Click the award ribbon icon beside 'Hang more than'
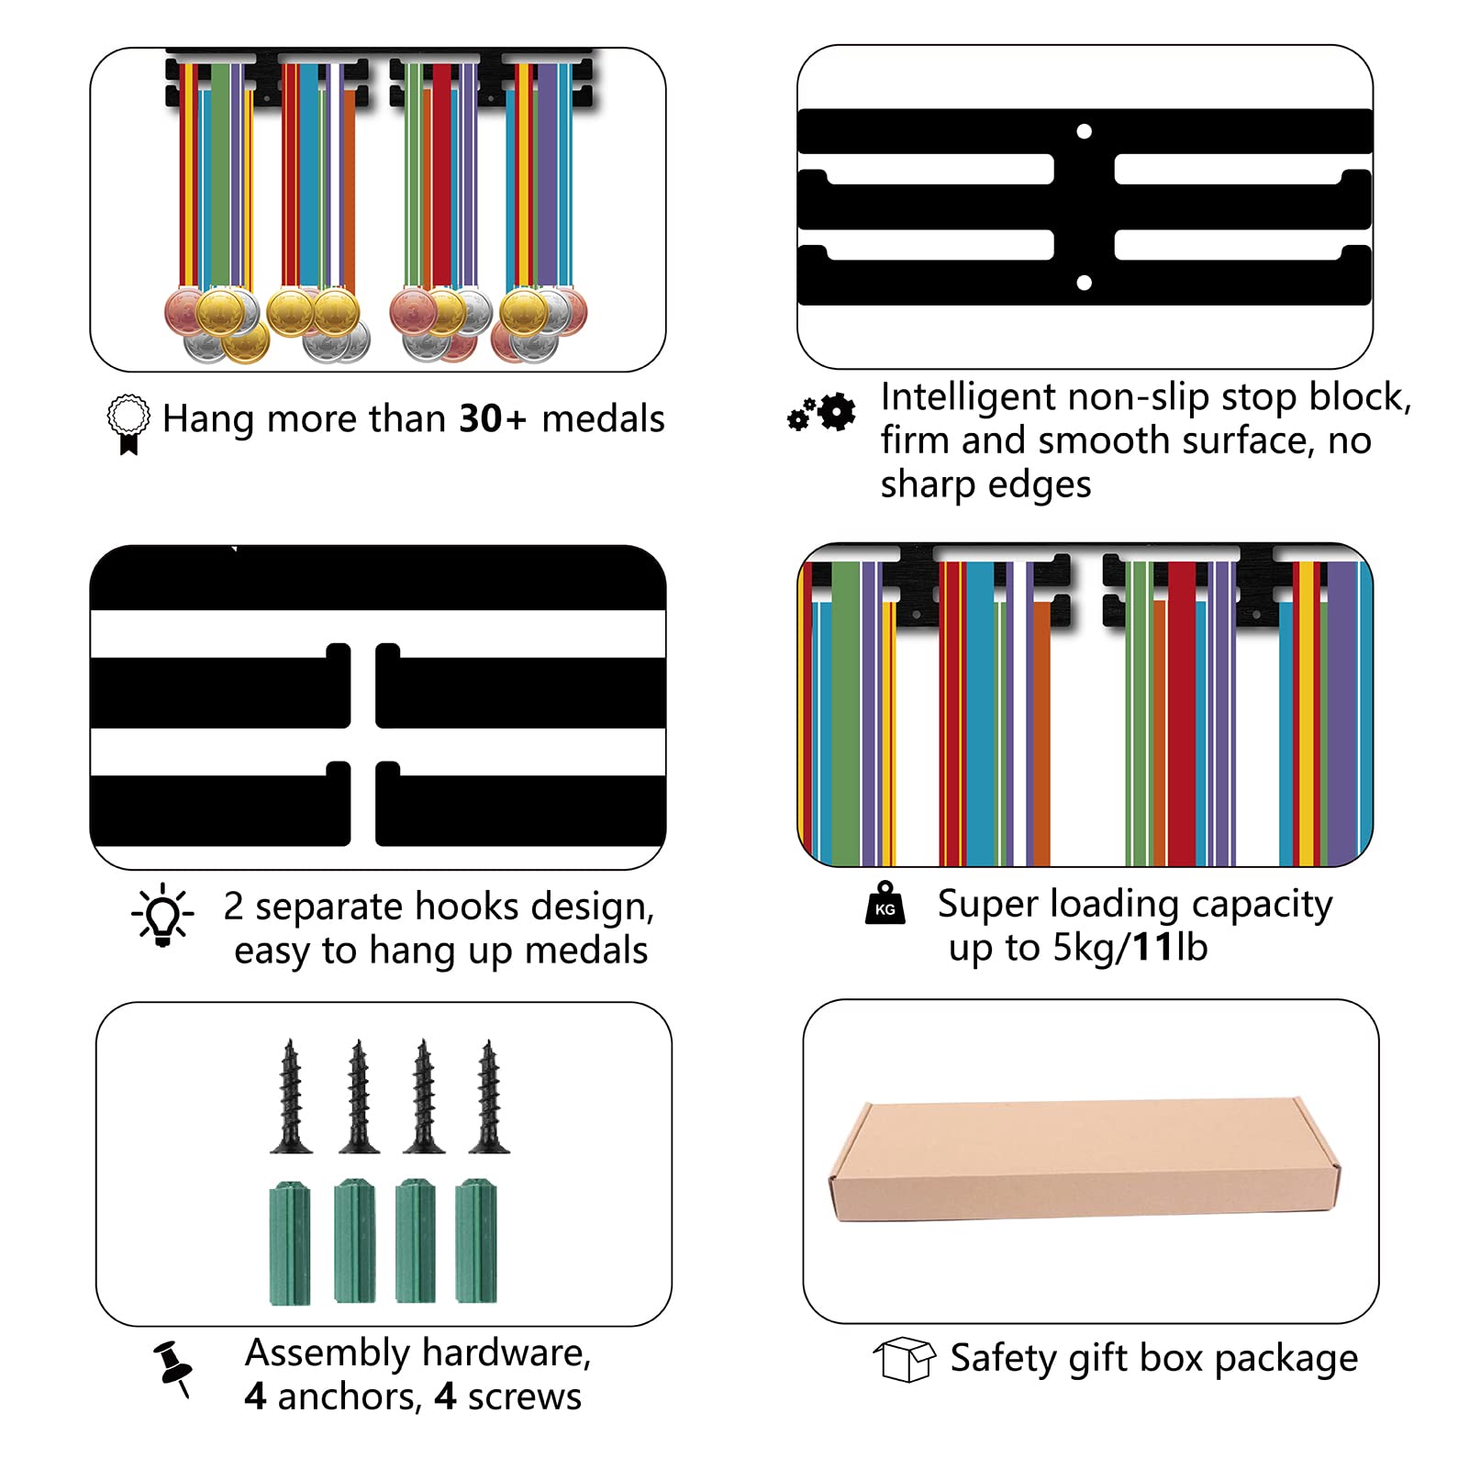[x=128, y=424]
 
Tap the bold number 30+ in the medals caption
[x=494, y=419]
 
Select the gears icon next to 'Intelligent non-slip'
[x=821, y=413]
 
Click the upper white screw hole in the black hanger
[x=1084, y=131]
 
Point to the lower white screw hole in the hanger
[x=1084, y=283]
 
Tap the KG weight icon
[x=885, y=903]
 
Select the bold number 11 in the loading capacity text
[x=1153, y=947]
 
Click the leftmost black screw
[x=292, y=1096]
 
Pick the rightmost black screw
[x=489, y=1096]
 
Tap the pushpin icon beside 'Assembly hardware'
[x=173, y=1368]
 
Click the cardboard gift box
[x=1085, y=1160]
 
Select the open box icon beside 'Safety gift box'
[x=905, y=1359]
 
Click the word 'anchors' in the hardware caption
[x=348, y=1397]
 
